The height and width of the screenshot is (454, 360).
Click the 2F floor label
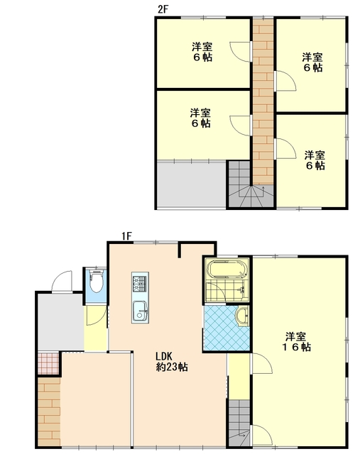pos(163,9)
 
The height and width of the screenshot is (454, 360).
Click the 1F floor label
pos(126,236)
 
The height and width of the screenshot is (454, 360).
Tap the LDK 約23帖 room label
pos(172,362)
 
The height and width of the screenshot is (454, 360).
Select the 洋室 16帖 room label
pos(297,342)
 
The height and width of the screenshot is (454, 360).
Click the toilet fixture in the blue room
pos(97,281)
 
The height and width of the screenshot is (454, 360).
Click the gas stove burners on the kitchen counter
pos(140,284)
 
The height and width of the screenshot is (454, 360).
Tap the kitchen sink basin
pos(140,311)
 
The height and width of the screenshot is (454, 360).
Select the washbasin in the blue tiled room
pos(242,316)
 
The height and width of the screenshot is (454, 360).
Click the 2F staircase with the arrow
pos(251,184)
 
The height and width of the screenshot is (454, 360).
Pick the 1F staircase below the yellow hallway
pos(239,422)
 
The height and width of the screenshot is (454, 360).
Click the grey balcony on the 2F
pos(192,184)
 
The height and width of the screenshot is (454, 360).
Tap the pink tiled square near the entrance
pos(49,363)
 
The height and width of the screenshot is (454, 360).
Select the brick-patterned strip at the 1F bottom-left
pos(49,411)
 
